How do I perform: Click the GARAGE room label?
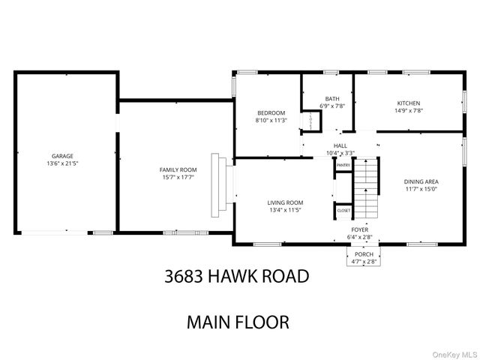coord(62,156)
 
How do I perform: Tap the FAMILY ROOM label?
coord(178,170)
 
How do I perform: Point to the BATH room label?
coord(331,98)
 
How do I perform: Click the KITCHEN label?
coord(409,103)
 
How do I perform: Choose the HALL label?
coord(340,145)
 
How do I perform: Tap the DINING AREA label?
coord(421,181)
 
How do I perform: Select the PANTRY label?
coord(343,165)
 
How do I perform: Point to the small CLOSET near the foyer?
coord(343,211)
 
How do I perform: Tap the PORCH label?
coord(364,255)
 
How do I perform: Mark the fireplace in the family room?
coord(218,184)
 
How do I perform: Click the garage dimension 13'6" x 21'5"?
coord(62,163)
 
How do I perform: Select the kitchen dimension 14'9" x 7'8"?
coord(409,110)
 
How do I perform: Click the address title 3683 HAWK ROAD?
coord(236,276)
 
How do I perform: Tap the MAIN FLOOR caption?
coord(237,322)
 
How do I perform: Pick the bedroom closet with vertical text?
coord(307,121)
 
